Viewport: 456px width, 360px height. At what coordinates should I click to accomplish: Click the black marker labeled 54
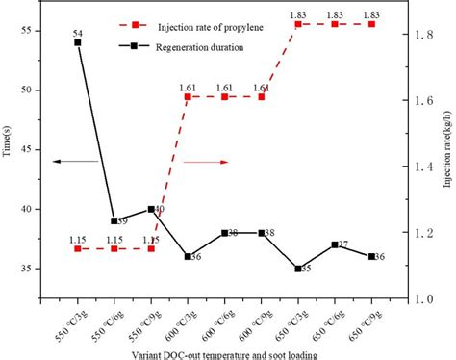(78, 42)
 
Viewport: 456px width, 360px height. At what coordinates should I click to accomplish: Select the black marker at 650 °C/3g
(298, 269)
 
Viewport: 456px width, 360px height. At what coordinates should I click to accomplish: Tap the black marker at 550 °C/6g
(114, 220)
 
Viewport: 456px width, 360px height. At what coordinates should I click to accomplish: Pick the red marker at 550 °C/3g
(78, 248)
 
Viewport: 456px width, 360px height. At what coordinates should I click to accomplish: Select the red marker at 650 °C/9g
(371, 24)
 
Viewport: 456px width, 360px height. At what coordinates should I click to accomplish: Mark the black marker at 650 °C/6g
(335, 244)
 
